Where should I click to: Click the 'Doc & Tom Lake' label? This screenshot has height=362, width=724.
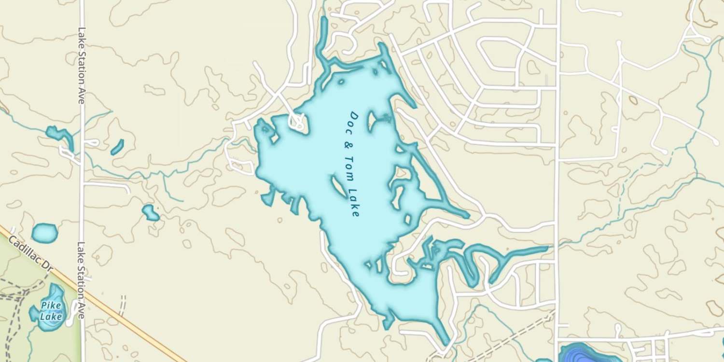[x=354, y=164]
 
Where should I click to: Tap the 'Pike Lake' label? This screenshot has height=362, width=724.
[x=51, y=311]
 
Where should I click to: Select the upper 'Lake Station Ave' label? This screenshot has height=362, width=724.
[x=81, y=65]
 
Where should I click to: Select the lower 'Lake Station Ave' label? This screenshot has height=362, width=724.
[x=81, y=280]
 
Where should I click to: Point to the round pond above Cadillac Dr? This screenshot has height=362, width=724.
[x=44, y=233]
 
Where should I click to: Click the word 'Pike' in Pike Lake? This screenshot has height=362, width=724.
[x=50, y=306]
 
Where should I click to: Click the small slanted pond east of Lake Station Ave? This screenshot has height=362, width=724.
[x=117, y=147]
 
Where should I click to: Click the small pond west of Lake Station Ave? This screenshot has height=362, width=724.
[x=60, y=134]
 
